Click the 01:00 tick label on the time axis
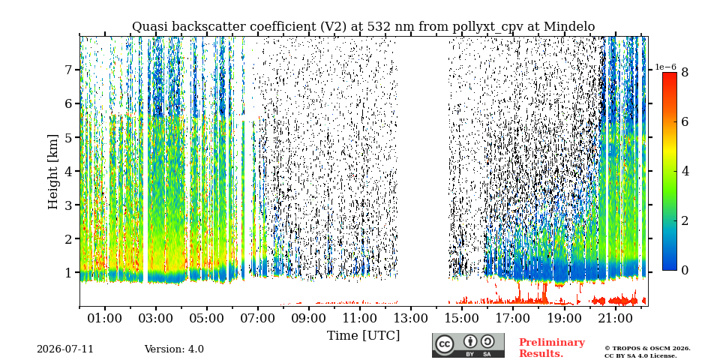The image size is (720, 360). click(x=105, y=318)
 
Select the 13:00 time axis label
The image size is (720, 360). click(x=410, y=318)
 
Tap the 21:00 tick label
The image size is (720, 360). click(x=614, y=318)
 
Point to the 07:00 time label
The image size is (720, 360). click(x=257, y=318)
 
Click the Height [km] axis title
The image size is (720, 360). click(x=53, y=172)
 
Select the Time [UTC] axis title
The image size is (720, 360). click(x=363, y=336)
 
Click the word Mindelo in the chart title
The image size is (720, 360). click(x=569, y=27)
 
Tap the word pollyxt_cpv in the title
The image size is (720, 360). click(x=490, y=27)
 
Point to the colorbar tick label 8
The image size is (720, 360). click(x=685, y=72)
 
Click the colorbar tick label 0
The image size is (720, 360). click(x=685, y=271)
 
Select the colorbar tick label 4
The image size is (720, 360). click(x=685, y=171)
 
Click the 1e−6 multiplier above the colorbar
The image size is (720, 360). click(x=665, y=67)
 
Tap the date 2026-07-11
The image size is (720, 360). click(x=65, y=349)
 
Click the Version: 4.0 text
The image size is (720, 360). click(x=174, y=349)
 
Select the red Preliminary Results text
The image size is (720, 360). click(x=552, y=348)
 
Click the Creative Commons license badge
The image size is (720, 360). click(x=468, y=345)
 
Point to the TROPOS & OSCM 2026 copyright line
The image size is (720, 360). click(x=647, y=349)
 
